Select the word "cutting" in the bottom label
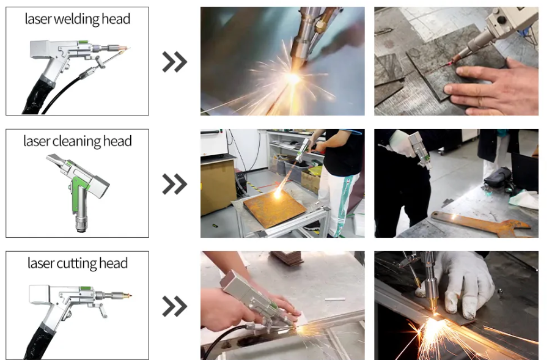[x=77, y=263]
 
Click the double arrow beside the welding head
[x=175, y=62]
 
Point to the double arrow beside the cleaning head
[x=175, y=184]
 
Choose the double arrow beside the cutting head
[x=175, y=306]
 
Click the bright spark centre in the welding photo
[x=293, y=78]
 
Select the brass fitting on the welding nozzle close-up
[x=320, y=25]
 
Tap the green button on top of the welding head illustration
[x=83, y=42]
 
